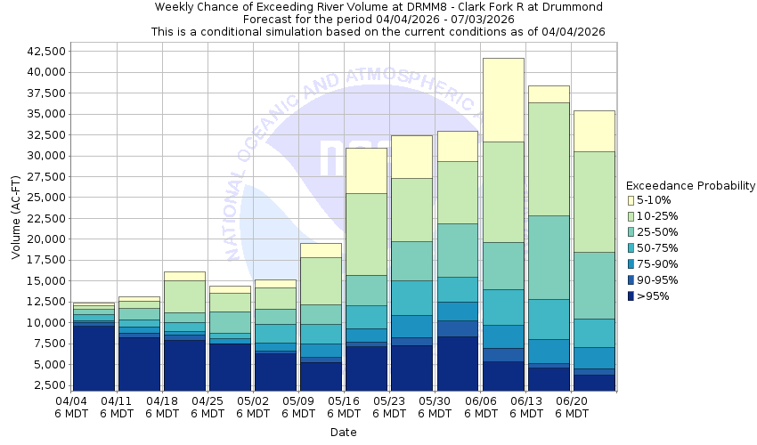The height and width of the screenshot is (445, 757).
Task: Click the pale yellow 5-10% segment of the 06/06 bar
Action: (x=503, y=100)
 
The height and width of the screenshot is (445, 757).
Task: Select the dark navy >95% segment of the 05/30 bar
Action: (x=458, y=364)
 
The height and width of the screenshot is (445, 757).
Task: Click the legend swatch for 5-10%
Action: (x=631, y=200)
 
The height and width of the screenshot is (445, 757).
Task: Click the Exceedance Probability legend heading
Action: (x=690, y=186)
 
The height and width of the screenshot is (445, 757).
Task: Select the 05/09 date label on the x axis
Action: (x=298, y=408)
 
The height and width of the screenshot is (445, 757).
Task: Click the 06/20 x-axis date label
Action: (x=571, y=408)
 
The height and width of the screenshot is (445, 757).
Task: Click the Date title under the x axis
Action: (x=344, y=433)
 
